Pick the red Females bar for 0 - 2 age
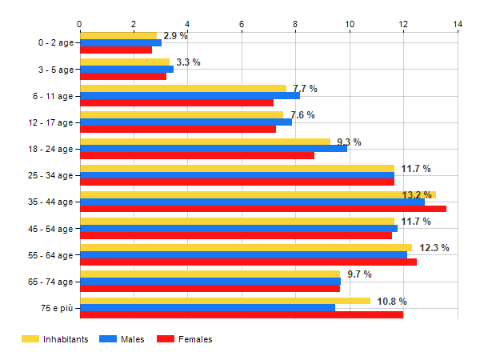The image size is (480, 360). (x=116, y=50)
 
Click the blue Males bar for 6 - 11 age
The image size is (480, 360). (x=190, y=95)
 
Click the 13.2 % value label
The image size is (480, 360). (x=417, y=195)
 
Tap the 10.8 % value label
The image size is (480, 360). (x=392, y=302)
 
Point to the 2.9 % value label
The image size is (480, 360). (x=175, y=36)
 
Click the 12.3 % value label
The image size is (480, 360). (x=434, y=248)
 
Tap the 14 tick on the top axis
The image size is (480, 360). (x=458, y=24)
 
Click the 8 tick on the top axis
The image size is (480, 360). (x=296, y=24)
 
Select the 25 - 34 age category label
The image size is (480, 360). (x=50, y=175)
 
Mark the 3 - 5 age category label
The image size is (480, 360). (x=53, y=69)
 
